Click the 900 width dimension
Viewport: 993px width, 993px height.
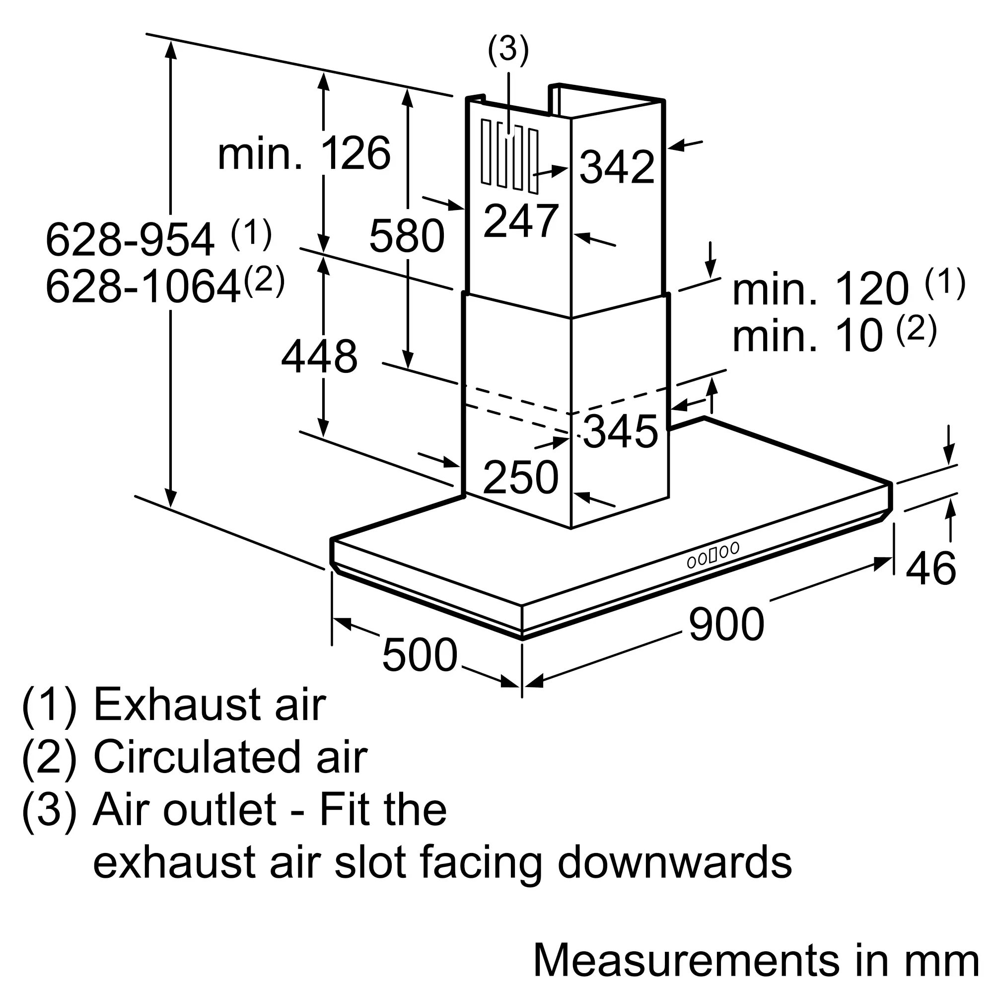[726, 624]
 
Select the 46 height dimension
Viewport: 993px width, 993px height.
[931, 568]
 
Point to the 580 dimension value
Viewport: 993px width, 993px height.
[407, 236]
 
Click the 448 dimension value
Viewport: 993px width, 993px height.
[319, 356]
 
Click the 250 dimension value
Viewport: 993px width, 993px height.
[521, 478]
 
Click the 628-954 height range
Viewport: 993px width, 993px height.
[130, 239]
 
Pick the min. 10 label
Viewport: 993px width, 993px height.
[808, 335]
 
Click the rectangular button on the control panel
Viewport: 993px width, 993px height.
[713, 556]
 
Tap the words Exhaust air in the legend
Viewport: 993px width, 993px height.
[210, 705]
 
